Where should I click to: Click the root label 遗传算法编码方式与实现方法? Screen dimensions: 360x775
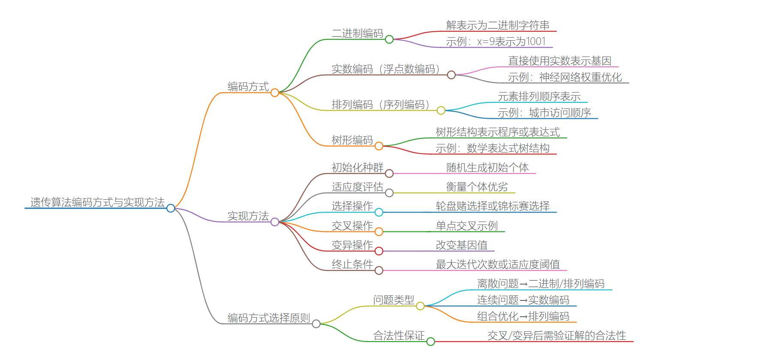tap(97, 202)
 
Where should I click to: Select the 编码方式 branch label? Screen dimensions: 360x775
tap(248, 87)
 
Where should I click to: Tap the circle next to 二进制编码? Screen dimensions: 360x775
tap(389, 39)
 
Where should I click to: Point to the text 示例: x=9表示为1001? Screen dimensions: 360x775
tap(496, 42)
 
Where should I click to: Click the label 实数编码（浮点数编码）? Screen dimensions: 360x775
tap(386, 69)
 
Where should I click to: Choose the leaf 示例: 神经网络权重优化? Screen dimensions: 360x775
tap(565, 77)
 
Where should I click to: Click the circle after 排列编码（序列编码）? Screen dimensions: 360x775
tap(441, 111)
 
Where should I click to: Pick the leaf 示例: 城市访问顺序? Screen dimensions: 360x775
tap(544, 113)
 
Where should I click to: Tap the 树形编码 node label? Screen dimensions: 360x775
tap(352, 140)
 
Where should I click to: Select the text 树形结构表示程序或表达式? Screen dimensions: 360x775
tap(498, 132)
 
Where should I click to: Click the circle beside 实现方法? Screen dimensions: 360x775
tap(275, 222)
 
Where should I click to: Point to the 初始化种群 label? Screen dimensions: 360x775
tap(357, 168)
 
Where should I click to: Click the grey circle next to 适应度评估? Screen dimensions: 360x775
tap(389, 193)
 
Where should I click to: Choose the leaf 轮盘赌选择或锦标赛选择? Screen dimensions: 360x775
tap(493, 206)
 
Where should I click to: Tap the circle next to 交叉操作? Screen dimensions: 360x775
tap(379, 232)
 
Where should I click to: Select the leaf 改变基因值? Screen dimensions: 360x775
tap(462, 245)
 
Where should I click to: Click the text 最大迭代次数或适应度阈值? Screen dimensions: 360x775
tap(498, 264)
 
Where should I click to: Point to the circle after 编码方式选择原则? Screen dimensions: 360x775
tap(316, 324)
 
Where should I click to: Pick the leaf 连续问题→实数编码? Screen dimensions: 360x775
tap(523, 300)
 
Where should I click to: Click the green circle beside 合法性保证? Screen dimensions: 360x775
tap(431, 342)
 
